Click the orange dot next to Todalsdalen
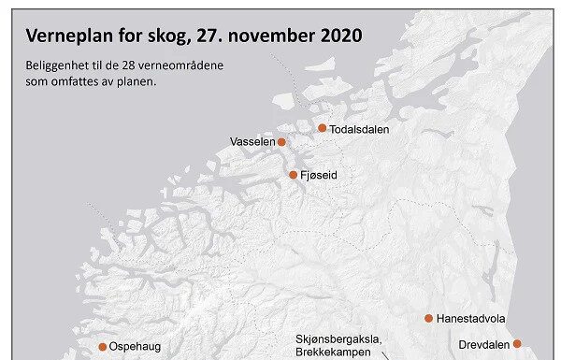pos(323,128)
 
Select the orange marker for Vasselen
pos(281,142)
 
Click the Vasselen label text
pos(252,142)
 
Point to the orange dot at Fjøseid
pos(293,175)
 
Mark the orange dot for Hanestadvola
pos(428,319)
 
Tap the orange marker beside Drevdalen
pos(516,343)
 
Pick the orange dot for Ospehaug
pos(103,347)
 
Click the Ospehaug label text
pos(136,347)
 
